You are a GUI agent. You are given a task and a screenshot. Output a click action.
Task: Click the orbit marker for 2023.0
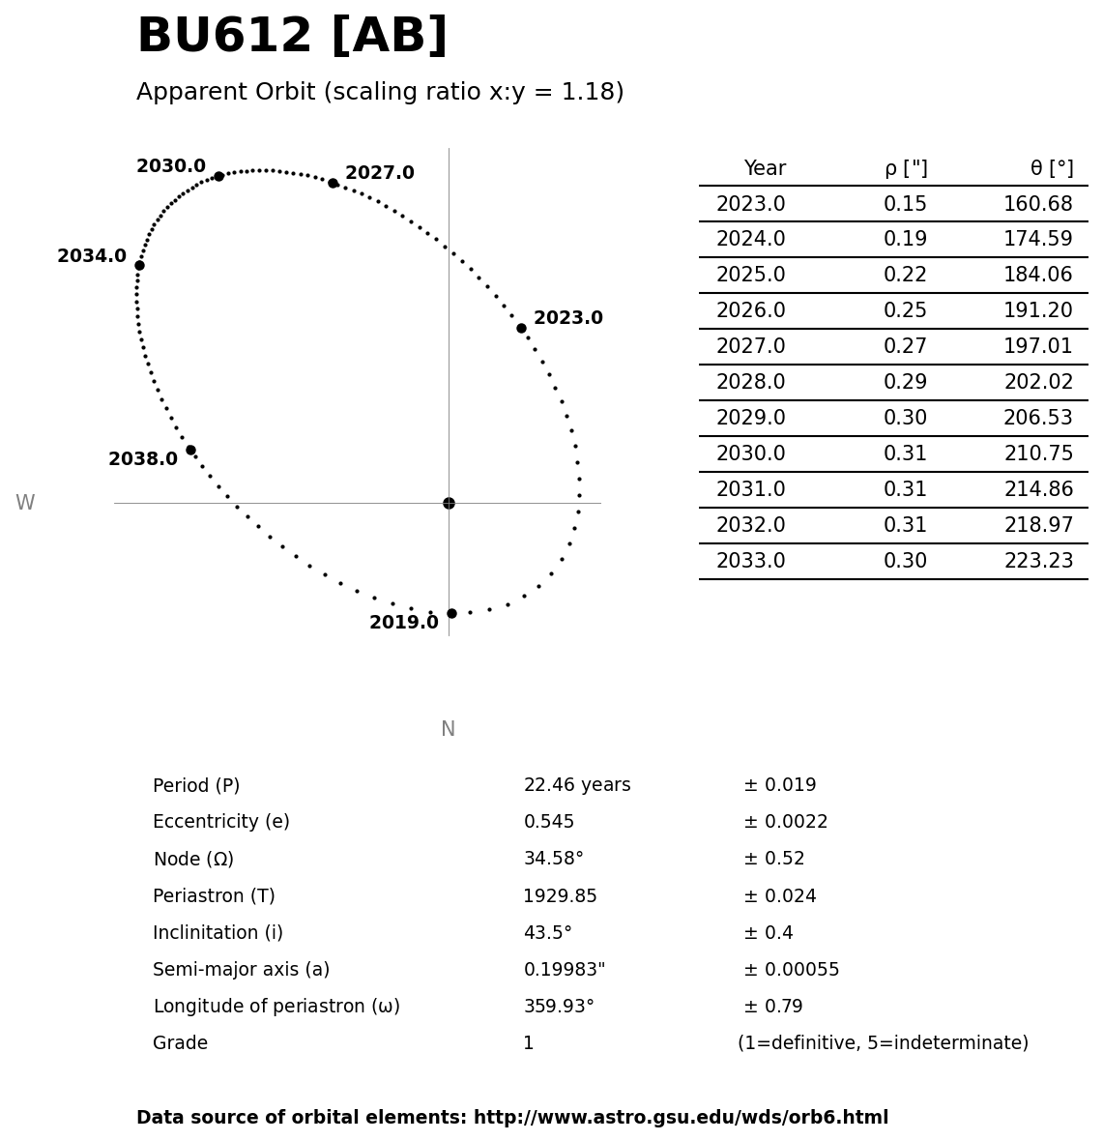click(521, 328)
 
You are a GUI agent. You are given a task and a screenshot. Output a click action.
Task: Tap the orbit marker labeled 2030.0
click(218, 176)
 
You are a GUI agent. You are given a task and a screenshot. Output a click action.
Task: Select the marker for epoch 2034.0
click(139, 265)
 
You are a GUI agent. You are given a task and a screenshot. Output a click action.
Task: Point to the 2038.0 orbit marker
click(190, 450)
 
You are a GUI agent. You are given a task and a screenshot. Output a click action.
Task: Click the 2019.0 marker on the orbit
click(451, 613)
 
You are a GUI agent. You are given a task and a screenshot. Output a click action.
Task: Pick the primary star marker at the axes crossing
click(449, 503)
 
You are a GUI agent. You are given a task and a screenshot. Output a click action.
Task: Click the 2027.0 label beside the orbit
click(379, 173)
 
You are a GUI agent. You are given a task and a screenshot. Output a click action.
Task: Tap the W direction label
click(25, 504)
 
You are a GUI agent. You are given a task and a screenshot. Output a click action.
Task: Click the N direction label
click(448, 730)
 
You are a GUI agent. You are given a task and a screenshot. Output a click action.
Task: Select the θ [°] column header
click(1051, 169)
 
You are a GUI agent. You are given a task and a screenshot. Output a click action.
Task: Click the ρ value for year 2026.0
click(905, 311)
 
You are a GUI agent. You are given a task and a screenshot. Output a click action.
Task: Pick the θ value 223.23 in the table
click(1038, 562)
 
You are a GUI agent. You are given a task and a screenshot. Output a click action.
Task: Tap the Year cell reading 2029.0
click(750, 419)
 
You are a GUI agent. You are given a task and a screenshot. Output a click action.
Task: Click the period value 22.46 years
click(576, 786)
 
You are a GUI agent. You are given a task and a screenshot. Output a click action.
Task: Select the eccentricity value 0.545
click(548, 823)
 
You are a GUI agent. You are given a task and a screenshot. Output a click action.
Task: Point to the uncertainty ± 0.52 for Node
click(773, 860)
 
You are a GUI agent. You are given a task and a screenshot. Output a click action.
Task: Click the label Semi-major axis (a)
click(241, 970)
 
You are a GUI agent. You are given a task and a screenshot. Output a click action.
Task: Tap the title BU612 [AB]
click(292, 37)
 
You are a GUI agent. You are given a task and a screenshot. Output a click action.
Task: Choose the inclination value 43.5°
click(547, 933)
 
